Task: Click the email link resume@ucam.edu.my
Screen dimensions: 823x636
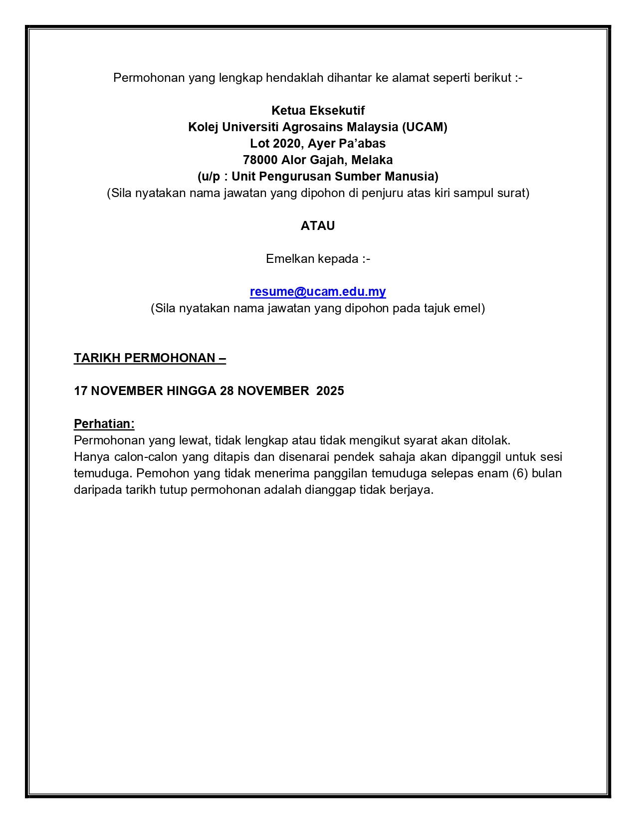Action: [318, 292]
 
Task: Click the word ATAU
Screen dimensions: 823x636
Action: [318, 226]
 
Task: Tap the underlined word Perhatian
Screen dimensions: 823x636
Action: [104, 424]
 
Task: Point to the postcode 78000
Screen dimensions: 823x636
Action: [260, 160]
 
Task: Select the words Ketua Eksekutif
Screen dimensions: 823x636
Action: [318, 111]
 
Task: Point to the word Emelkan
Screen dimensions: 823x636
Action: [287, 259]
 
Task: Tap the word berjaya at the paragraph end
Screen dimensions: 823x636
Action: [415, 490]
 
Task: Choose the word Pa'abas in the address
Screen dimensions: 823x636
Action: [366, 144]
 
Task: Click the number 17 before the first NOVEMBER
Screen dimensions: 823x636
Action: [81, 391]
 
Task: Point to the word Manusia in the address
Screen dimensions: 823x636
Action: [415, 177]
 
